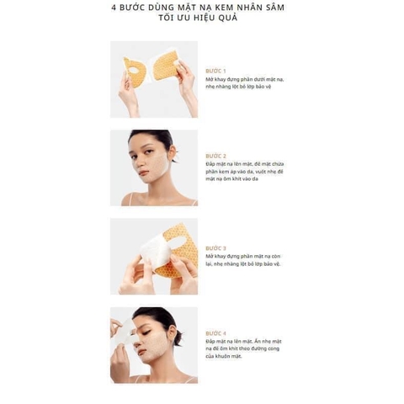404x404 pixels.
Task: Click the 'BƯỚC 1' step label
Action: [215, 71]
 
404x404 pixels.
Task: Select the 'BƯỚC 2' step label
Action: [215, 156]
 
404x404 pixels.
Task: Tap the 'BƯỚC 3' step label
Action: [215, 247]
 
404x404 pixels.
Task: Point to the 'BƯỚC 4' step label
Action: [215, 332]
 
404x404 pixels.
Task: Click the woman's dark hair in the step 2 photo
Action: [156, 137]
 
